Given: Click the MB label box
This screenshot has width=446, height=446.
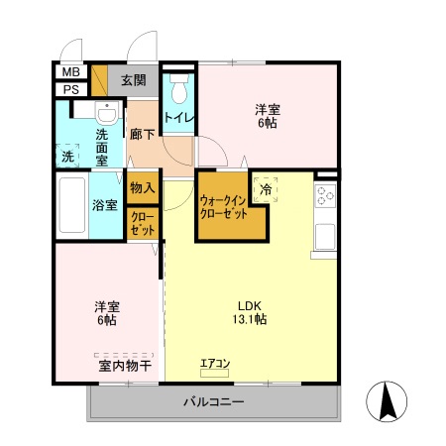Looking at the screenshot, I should [x=71, y=72].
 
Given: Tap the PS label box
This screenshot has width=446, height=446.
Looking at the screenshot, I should [x=71, y=90].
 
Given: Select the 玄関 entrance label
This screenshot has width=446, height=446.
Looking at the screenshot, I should [x=134, y=81].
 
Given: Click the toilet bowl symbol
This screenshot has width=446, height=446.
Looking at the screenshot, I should [x=179, y=92].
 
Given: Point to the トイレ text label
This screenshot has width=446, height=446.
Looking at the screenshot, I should [x=179, y=118].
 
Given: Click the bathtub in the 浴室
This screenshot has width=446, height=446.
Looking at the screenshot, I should [x=71, y=205].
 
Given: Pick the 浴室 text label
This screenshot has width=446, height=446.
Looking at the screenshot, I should [x=106, y=206].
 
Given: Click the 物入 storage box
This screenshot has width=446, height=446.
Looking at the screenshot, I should [x=142, y=187].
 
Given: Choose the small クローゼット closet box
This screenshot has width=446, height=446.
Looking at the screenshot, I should [x=142, y=223].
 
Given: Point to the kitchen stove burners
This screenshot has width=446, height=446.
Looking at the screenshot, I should [x=324, y=196].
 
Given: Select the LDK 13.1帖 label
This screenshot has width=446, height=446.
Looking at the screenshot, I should [x=248, y=312].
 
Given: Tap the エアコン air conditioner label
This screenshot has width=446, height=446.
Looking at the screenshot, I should [x=214, y=363].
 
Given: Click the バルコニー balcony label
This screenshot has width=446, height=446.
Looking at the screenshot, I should [x=212, y=402].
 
